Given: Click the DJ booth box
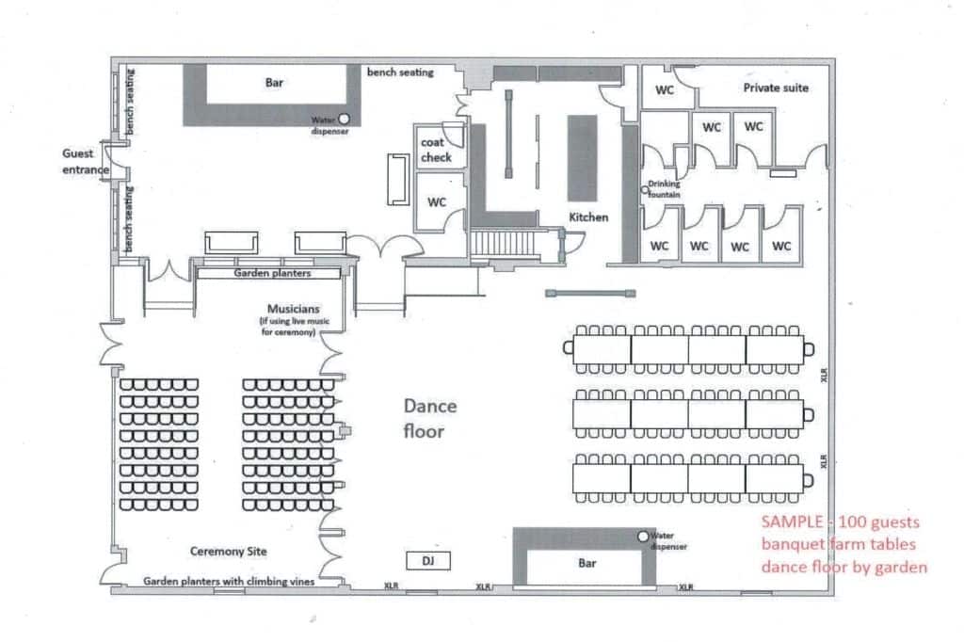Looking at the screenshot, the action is click(x=428, y=560).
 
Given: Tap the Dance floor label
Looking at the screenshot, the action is click(x=429, y=418).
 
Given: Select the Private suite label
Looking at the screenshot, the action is click(x=776, y=88).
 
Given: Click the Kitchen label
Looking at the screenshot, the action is click(x=588, y=217).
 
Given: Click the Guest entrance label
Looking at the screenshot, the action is click(x=86, y=161).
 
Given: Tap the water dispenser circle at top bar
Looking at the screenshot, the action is click(x=345, y=118).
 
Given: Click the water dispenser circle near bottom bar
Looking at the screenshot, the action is click(x=643, y=537).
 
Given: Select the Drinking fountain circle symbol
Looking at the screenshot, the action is click(x=644, y=189).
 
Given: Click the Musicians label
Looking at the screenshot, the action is click(x=294, y=309).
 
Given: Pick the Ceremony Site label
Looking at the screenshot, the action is click(x=228, y=551).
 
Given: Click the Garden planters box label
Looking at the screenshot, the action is click(x=272, y=273).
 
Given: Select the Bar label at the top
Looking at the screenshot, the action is click(x=274, y=83).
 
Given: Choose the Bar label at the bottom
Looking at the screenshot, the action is click(x=587, y=563).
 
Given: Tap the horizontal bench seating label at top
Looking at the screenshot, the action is click(x=400, y=72).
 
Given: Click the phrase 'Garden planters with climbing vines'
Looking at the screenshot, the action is click(x=229, y=581).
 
